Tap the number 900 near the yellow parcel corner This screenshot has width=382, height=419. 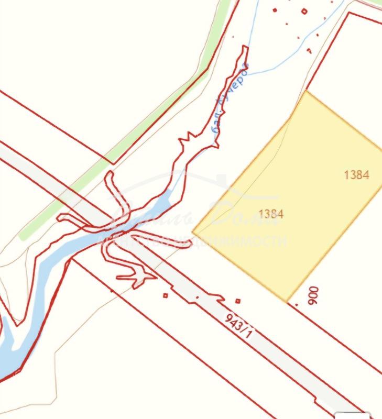tap(313, 295)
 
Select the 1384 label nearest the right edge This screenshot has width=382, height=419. tap(356, 175)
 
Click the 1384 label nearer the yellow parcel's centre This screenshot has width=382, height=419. tap(271, 214)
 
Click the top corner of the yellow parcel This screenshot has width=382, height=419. tap(306, 91)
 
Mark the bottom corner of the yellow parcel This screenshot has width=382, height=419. tap(287, 302)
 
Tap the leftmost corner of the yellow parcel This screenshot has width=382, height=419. tap(193, 231)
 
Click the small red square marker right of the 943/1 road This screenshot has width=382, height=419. tap(238, 301)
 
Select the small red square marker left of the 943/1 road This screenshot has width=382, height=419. tap(166, 295)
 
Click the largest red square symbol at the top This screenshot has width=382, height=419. tap(304, 11)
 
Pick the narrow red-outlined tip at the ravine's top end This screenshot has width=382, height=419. tap(244, 48)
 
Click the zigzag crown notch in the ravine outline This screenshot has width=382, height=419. tap(188, 137)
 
